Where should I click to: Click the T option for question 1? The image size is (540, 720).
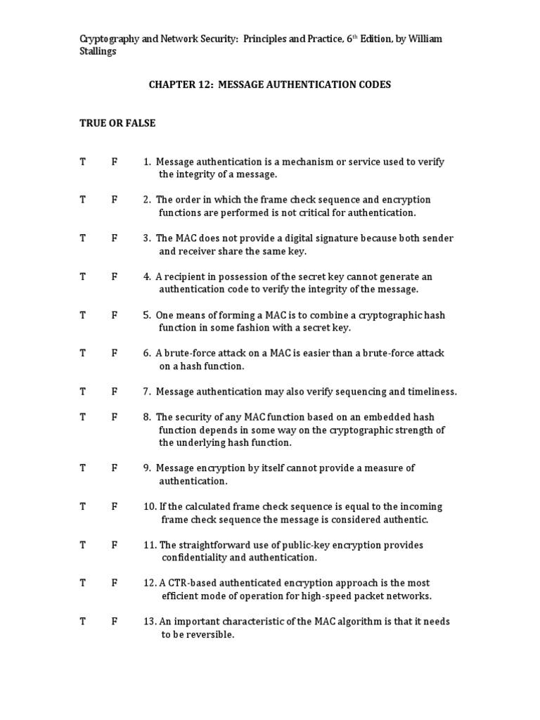pos(82,162)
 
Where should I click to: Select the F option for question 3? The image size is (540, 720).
pos(114,238)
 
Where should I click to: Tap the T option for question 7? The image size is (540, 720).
pos(82,392)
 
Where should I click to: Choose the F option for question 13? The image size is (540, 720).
pos(114,622)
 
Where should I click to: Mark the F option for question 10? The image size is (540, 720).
pos(114,507)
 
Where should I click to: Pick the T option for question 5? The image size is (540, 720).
pos(82,315)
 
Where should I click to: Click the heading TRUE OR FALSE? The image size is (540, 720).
pos(117,123)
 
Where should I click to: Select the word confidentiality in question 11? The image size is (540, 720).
pos(195,558)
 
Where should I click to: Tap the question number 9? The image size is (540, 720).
pos(146,468)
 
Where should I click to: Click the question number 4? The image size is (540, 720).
pos(146,276)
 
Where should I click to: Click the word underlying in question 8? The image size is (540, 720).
pos(201,443)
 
